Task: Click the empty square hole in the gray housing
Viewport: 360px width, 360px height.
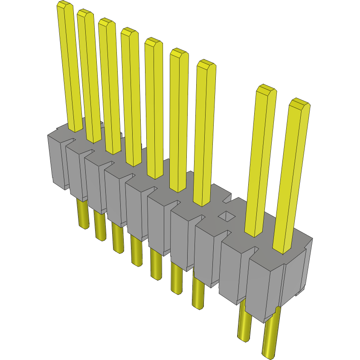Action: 226,217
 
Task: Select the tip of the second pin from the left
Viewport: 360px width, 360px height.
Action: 85,14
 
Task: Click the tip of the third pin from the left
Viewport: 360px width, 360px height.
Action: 107,23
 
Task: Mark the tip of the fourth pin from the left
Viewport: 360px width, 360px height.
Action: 129,32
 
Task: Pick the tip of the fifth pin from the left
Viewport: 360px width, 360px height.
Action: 153,42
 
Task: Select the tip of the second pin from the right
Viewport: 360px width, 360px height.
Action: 266,89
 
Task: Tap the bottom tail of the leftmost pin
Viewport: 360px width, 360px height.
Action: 82,224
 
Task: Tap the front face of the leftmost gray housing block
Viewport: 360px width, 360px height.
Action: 55,162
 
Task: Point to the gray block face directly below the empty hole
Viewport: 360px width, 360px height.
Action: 207,256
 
